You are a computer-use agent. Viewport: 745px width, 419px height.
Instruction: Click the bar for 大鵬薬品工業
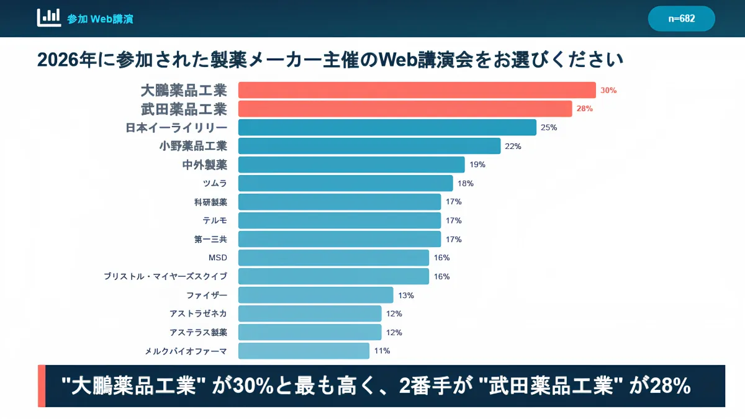point(417,90)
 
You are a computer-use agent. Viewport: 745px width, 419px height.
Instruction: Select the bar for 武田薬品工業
point(405,109)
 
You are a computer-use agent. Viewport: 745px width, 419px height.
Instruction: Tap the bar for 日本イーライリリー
point(387,127)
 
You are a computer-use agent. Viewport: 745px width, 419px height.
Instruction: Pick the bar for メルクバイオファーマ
point(304,351)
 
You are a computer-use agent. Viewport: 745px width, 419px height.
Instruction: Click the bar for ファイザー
point(315,295)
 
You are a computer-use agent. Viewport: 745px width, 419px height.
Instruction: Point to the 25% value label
point(549,127)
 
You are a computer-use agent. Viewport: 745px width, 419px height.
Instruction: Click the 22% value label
point(513,146)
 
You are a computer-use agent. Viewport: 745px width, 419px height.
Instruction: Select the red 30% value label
point(608,90)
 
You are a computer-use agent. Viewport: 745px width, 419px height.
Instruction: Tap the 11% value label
point(382,351)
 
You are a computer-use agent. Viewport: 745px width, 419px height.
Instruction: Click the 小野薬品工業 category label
point(193,146)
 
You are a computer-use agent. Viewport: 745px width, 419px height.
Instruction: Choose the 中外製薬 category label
point(205,164)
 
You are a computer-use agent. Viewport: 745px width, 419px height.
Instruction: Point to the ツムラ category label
point(215,183)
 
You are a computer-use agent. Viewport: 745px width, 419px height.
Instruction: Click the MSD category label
point(218,258)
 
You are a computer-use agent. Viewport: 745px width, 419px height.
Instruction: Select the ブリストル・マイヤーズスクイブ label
point(165,276)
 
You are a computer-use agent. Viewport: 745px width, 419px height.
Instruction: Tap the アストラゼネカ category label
point(198,313)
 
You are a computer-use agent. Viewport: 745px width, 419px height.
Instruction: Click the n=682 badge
point(681,19)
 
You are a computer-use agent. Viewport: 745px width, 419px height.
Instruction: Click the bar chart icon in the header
point(49,17)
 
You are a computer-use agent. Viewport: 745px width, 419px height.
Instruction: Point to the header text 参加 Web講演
point(100,19)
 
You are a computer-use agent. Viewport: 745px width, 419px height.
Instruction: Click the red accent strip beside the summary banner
point(42,386)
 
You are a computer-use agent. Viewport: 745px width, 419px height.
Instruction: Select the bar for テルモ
point(339,220)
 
